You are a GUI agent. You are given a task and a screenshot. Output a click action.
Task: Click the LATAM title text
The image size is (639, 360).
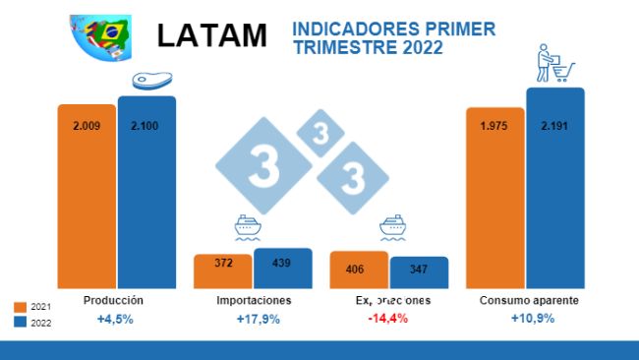(x=211, y=34)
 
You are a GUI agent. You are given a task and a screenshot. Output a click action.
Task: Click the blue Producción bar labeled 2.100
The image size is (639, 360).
(x=146, y=191)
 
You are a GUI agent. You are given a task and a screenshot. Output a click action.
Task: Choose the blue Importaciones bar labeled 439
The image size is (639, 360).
(x=282, y=267)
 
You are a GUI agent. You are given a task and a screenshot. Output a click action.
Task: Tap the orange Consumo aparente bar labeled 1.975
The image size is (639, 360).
(x=494, y=197)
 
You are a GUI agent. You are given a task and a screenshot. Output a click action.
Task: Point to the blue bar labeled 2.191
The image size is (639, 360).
(x=555, y=187)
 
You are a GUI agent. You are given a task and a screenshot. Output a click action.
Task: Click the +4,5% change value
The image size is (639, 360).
(x=115, y=320)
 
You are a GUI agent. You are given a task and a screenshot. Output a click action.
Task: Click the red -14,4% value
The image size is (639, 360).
(x=389, y=320)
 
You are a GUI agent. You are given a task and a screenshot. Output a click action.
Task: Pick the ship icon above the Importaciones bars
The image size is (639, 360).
(x=248, y=228)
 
